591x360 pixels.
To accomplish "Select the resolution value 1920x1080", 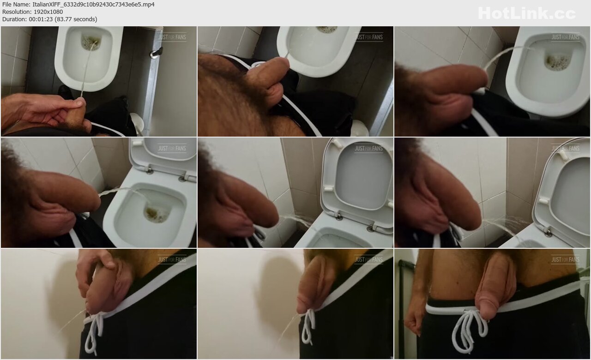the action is click(48, 12).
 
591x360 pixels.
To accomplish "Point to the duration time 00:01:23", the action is click(41, 19).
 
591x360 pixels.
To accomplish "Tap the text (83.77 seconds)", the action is click(76, 19).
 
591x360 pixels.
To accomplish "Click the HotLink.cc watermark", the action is click(527, 13).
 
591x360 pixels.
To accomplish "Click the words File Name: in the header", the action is click(16, 5).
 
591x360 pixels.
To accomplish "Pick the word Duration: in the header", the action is click(14, 19).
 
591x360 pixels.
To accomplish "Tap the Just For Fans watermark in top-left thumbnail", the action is click(172, 37).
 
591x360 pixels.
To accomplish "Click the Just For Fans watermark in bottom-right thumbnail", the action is click(565, 260).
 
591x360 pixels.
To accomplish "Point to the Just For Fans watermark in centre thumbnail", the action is click(368, 149).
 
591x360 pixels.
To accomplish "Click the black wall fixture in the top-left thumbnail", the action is click(157, 53).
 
